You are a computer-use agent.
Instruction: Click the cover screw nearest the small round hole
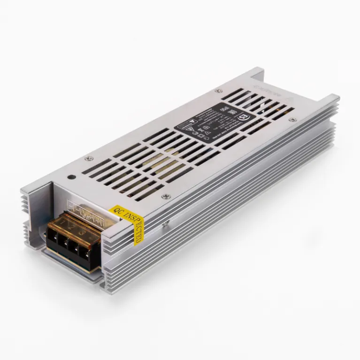pyautogui.click(x=87, y=158)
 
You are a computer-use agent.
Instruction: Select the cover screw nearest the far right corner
pyautogui.click(x=293, y=121)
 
